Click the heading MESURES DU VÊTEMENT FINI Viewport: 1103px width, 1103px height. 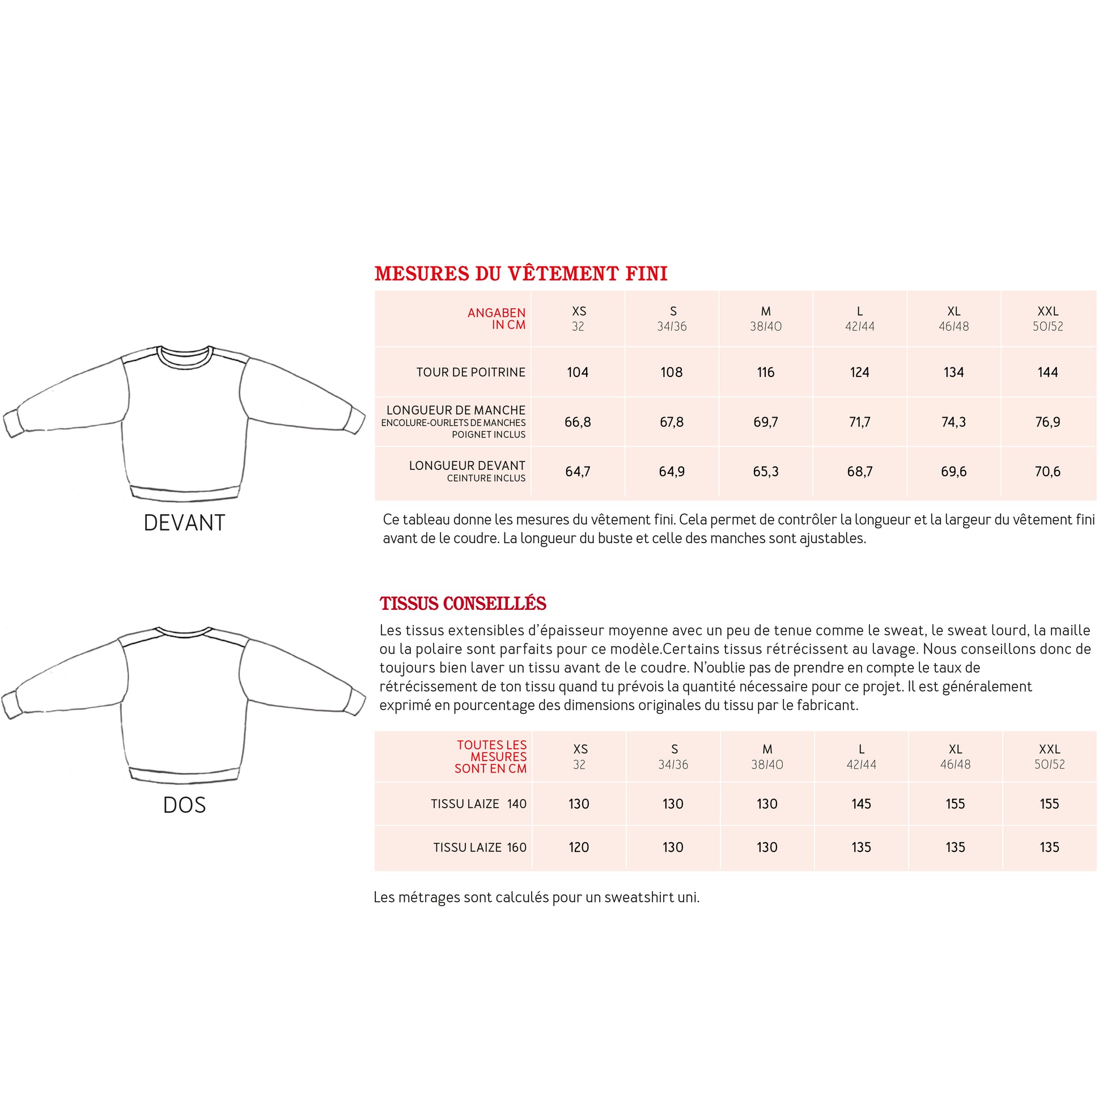(521, 273)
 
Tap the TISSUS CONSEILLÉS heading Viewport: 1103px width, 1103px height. (463, 604)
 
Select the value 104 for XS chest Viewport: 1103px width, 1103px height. (577, 372)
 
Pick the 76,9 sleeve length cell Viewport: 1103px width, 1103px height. (1047, 422)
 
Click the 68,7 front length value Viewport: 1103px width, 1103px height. (859, 472)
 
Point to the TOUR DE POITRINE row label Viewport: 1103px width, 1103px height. (470, 372)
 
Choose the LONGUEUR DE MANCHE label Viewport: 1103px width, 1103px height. (456, 410)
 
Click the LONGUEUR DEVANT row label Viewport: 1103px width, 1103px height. (466, 466)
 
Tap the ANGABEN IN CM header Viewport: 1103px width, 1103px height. (496, 319)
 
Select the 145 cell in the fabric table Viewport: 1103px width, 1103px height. (861, 804)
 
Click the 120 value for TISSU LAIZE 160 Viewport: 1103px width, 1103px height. (578, 847)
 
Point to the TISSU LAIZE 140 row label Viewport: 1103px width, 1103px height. (478, 804)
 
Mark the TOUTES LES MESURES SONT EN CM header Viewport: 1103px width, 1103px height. (491, 757)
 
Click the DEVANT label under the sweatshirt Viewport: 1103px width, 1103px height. (184, 523)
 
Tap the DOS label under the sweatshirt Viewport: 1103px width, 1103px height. (184, 805)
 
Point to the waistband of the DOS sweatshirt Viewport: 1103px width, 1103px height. (184, 775)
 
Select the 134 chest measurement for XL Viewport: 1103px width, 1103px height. (953, 372)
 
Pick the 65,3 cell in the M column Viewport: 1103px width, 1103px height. (766, 472)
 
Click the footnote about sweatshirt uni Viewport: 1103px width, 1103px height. (536, 897)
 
